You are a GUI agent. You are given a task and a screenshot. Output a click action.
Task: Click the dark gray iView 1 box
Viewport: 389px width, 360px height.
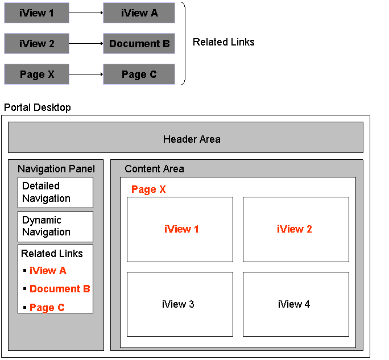point(37,13)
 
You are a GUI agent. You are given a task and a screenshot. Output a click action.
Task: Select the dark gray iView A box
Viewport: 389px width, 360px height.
point(139,13)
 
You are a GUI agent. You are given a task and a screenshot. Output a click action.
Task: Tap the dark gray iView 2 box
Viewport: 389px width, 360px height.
point(37,43)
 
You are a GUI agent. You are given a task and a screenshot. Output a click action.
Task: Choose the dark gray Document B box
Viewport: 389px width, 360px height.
point(139,43)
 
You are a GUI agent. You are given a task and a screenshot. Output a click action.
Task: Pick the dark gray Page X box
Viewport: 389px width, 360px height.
point(37,74)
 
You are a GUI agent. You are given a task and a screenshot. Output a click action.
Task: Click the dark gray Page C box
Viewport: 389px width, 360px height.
point(139,74)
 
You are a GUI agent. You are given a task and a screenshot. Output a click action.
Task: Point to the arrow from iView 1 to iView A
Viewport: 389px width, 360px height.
point(86,13)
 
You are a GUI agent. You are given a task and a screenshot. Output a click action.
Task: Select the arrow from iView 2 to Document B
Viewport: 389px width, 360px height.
point(86,43)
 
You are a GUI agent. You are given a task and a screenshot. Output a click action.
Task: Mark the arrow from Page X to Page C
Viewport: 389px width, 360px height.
point(86,74)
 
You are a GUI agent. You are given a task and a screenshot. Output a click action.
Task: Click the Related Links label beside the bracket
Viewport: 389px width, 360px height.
point(224,42)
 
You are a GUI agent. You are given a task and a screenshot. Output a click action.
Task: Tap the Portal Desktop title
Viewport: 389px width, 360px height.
point(38,107)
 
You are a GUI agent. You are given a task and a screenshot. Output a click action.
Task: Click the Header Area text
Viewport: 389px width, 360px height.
point(192,139)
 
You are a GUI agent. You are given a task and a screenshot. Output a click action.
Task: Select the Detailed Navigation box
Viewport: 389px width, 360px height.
point(55,193)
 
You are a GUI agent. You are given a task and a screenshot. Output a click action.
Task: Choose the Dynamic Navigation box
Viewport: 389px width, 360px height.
point(55,226)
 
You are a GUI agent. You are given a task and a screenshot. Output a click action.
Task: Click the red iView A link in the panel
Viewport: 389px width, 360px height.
point(48,271)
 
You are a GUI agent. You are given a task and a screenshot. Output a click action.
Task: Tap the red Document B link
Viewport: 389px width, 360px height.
point(60,289)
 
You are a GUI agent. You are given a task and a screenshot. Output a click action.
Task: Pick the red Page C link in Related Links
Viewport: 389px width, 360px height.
point(47,308)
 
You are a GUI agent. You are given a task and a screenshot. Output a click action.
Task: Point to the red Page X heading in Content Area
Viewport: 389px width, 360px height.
point(148,189)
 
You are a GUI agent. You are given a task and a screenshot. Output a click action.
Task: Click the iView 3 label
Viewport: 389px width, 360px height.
point(178,304)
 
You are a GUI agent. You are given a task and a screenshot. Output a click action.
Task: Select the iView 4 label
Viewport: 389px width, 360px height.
point(294,304)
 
